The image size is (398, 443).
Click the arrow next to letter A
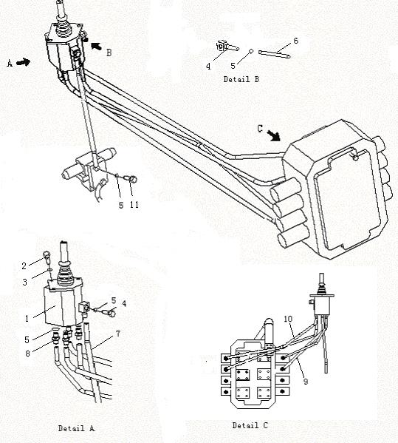[23, 62]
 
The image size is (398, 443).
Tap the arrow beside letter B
[96, 46]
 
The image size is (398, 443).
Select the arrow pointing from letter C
[273, 135]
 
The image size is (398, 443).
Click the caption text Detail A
[76, 428]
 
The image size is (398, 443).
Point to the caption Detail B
[241, 79]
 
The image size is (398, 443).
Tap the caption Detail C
[250, 425]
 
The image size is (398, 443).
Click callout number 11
[134, 205]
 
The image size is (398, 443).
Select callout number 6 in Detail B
[295, 41]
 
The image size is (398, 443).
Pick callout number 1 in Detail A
[27, 319]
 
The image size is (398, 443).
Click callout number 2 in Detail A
[24, 266]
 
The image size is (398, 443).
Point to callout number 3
[25, 283]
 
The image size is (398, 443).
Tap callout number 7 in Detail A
[118, 334]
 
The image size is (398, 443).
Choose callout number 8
[27, 354]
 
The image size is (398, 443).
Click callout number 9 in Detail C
[306, 382]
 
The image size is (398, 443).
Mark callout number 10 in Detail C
[288, 319]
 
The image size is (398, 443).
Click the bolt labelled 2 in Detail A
[47, 256]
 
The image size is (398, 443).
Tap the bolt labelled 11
[131, 179]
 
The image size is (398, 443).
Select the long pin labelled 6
[274, 54]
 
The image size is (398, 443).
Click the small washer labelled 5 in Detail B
[251, 51]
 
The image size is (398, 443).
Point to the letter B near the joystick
[109, 53]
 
